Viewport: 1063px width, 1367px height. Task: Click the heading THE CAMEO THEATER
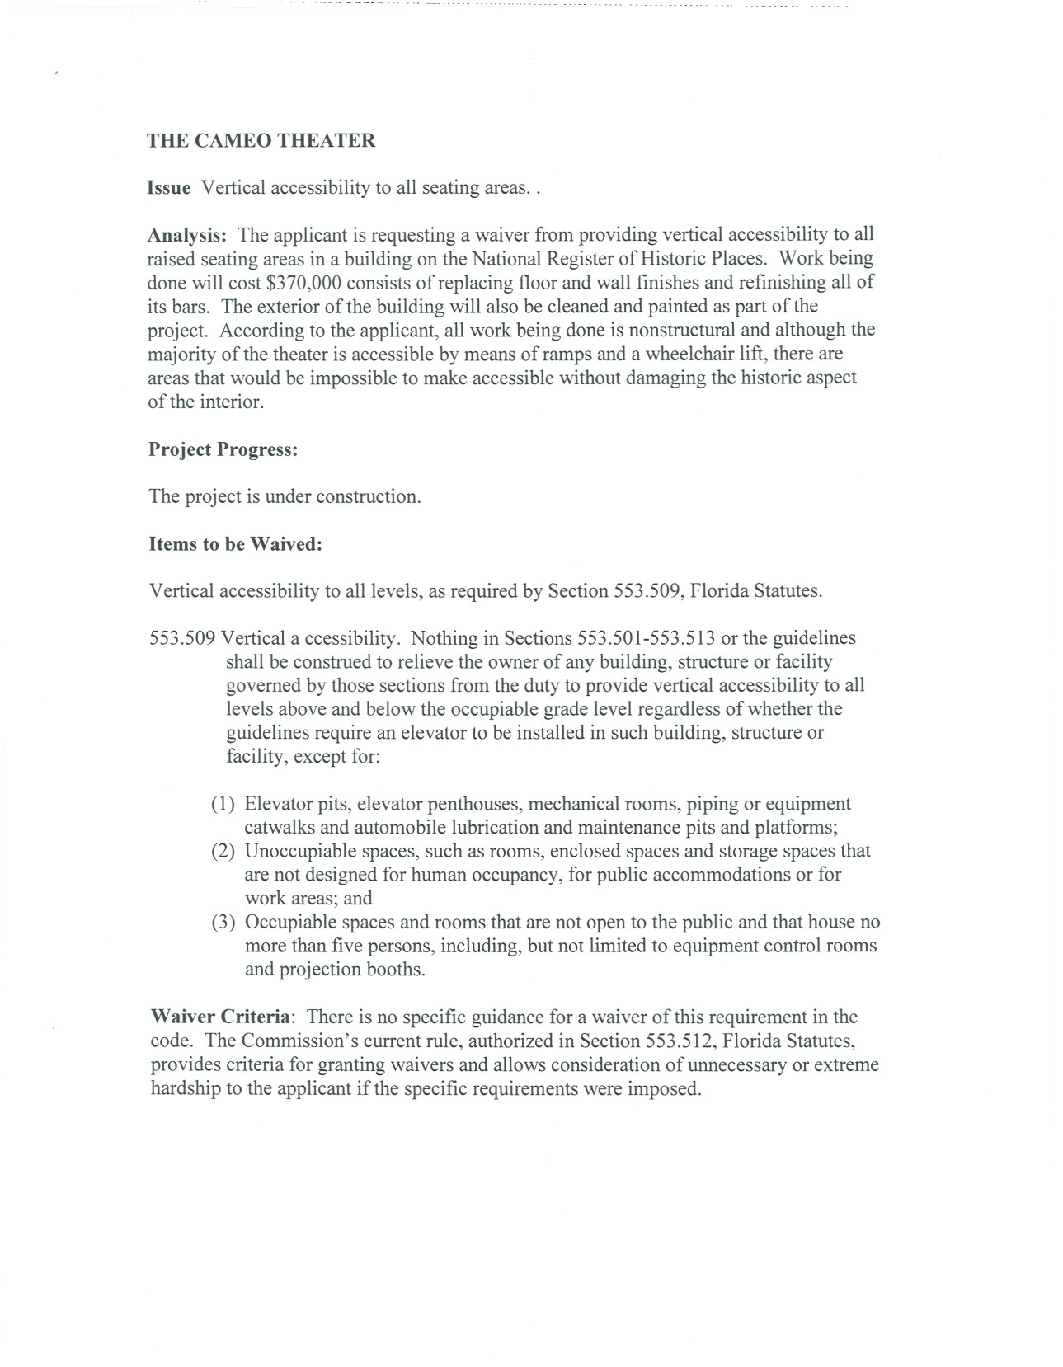pos(261,140)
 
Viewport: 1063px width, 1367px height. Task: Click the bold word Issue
pos(169,188)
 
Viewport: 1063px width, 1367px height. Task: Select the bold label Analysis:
pos(187,235)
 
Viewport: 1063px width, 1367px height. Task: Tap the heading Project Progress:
pos(223,449)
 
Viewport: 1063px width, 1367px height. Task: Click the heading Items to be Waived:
pos(235,544)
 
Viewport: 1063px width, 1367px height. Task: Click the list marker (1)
pos(223,804)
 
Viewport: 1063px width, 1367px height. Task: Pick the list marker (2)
pos(223,851)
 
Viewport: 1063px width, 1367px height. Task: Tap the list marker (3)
pos(223,922)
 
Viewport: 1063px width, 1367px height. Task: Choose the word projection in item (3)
pos(317,970)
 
